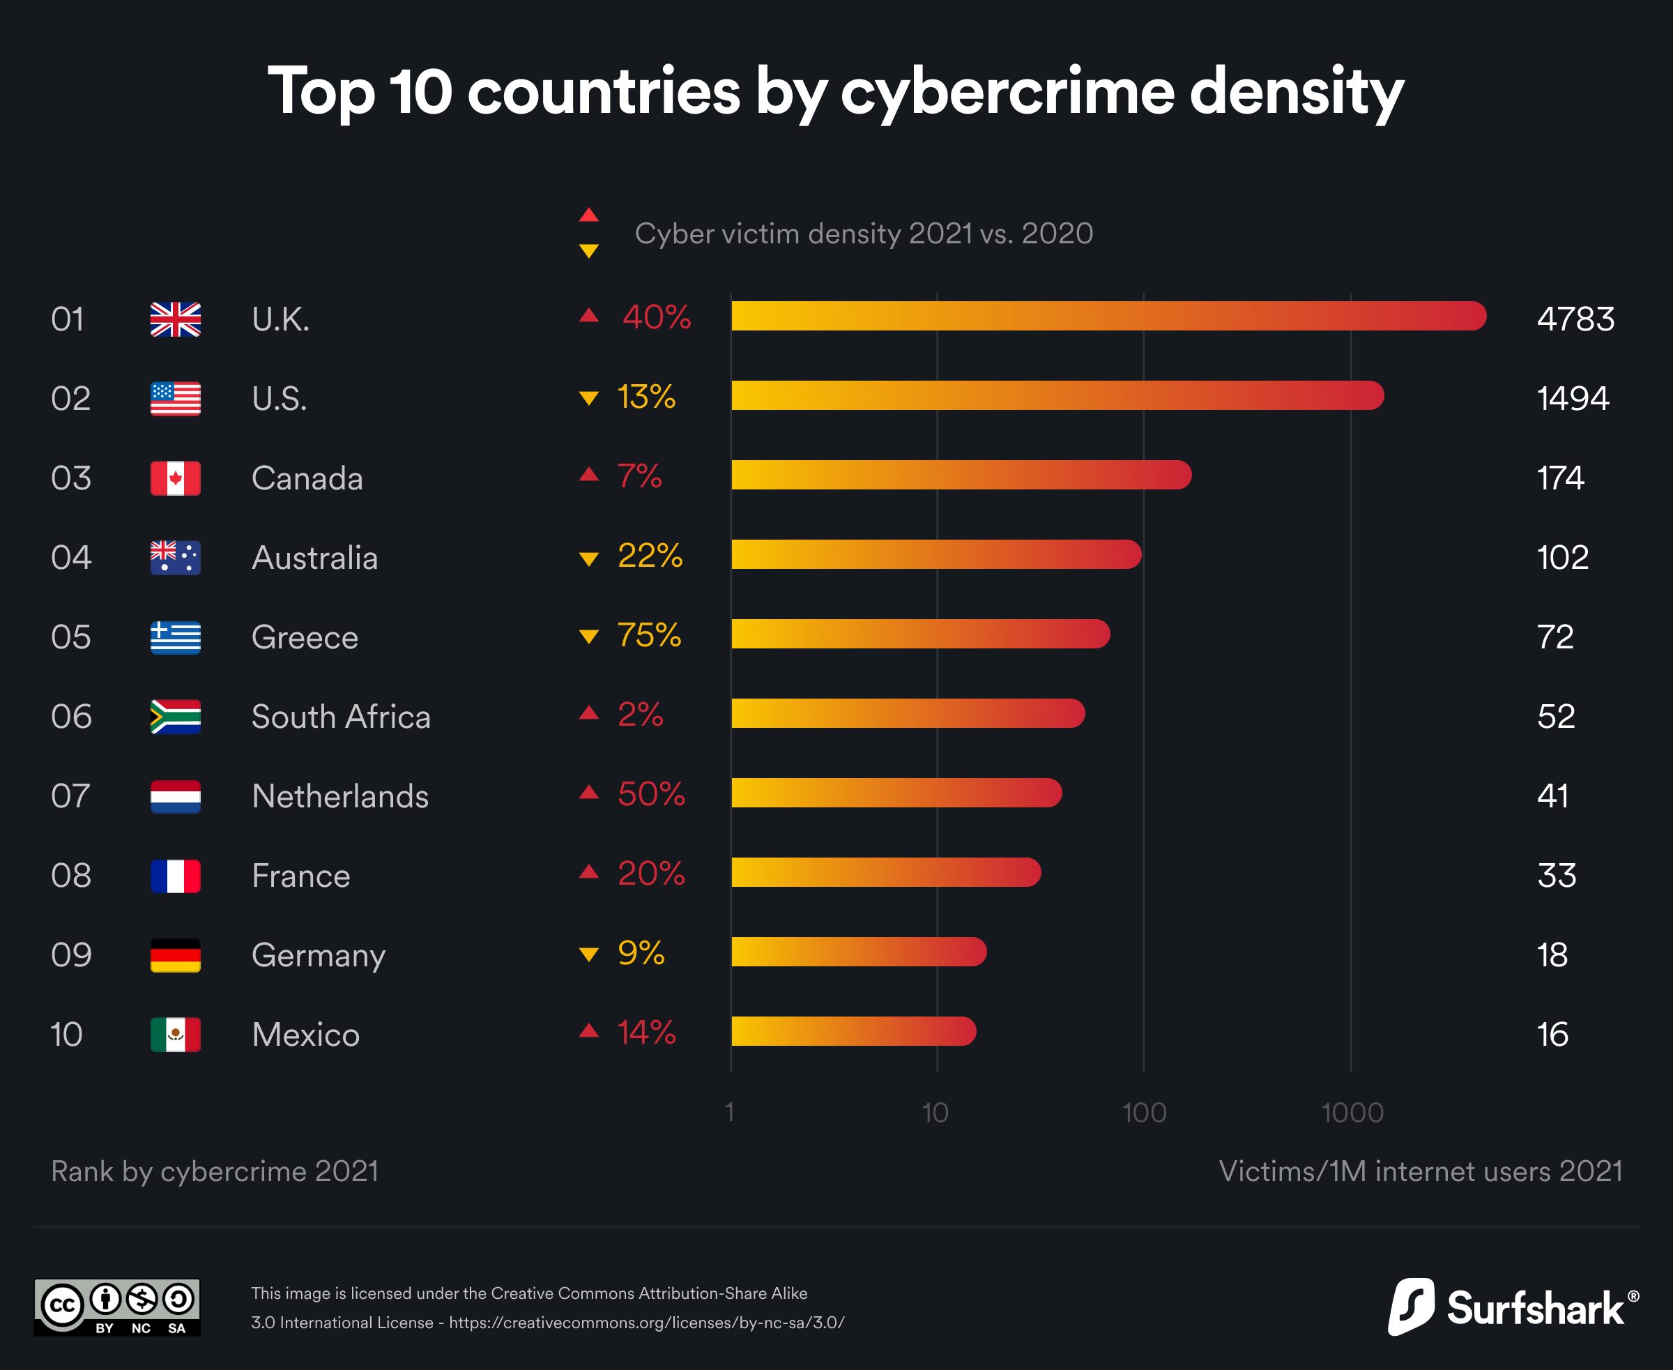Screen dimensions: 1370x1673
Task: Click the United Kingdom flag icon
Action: (x=175, y=319)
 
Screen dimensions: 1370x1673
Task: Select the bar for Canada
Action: (x=961, y=475)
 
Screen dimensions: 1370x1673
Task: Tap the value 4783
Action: (x=1575, y=319)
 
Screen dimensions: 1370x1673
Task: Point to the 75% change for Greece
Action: (x=649, y=635)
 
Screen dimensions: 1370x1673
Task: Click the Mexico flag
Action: (x=175, y=1035)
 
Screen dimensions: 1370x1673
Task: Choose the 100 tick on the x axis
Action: (x=1143, y=1113)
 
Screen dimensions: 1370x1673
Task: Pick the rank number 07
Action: (x=71, y=796)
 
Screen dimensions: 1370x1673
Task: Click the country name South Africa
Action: (x=341, y=717)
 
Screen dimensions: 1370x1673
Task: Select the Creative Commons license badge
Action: (x=117, y=1308)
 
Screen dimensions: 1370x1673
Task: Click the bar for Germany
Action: (x=859, y=952)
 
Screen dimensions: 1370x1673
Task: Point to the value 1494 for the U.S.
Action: (x=1572, y=399)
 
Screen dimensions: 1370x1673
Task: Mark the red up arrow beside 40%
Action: (x=589, y=316)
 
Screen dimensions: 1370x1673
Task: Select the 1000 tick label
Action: (x=1352, y=1113)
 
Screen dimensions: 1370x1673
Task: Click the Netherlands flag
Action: (x=175, y=796)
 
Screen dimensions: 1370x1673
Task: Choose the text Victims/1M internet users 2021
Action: (x=1421, y=1171)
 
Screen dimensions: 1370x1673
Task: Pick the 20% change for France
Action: (x=650, y=874)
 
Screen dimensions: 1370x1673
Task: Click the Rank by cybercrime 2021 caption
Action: (x=215, y=1171)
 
